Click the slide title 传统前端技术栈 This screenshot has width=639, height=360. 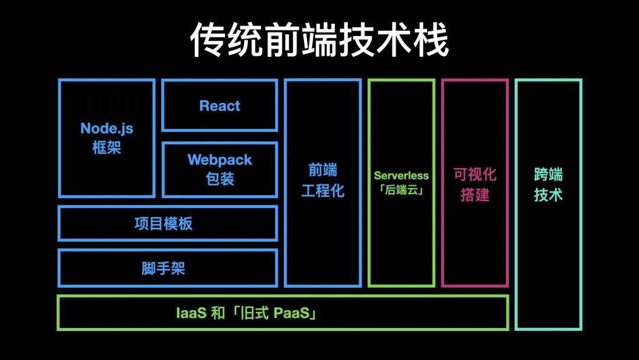tap(319, 40)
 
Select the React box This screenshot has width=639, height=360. tap(220, 106)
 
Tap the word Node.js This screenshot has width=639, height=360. tap(106, 128)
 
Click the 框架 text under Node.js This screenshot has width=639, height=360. tap(106, 147)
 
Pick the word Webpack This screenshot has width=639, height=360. tap(220, 160)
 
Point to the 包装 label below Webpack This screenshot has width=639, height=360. tap(220, 179)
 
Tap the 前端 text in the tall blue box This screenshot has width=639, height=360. tap(322, 171)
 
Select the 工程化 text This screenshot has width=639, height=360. tap(322, 191)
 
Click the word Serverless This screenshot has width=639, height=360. tap(401, 176)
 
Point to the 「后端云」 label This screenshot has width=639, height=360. tap(401, 191)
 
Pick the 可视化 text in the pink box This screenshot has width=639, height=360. tap(475, 175)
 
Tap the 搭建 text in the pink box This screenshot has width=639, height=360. tap(475, 195)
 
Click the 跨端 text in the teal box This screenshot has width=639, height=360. tap(548, 175)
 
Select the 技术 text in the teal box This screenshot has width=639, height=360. tap(548, 195)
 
